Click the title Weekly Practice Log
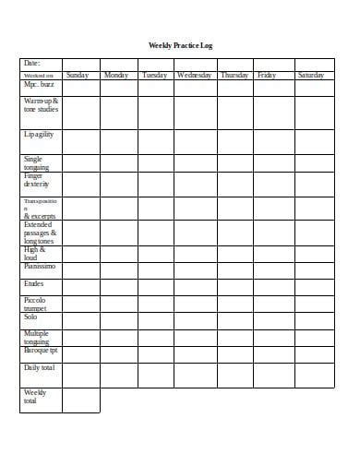pyautogui.click(x=180, y=45)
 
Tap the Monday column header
pyautogui.click(x=118, y=75)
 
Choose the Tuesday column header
pyautogui.click(x=156, y=75)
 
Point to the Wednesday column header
pyautogui.click(x=194, y=75)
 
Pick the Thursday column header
pyautogui.click(x=234, y=75)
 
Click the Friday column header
pyautogui.click(x=267, y=75)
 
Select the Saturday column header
pyautogui.click(x=311, y=75)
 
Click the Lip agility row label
pyautogui.click(x=39, y=135)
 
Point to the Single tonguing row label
pyautogui.click(x=38, y=162)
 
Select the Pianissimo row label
pyautogui.click(x=40, y=266)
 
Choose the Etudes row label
pyautogui.click(x=35, y=285)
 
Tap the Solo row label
pyautogui.click(x=31, y=317)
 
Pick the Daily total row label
pyautogui.click(x=40, y=368)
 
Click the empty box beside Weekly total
pyautogui.click(x=80, y=400)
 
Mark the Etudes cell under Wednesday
pyautogui.click(x=194, y=285)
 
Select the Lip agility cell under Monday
pyautogui.click(x=118, y=139)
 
